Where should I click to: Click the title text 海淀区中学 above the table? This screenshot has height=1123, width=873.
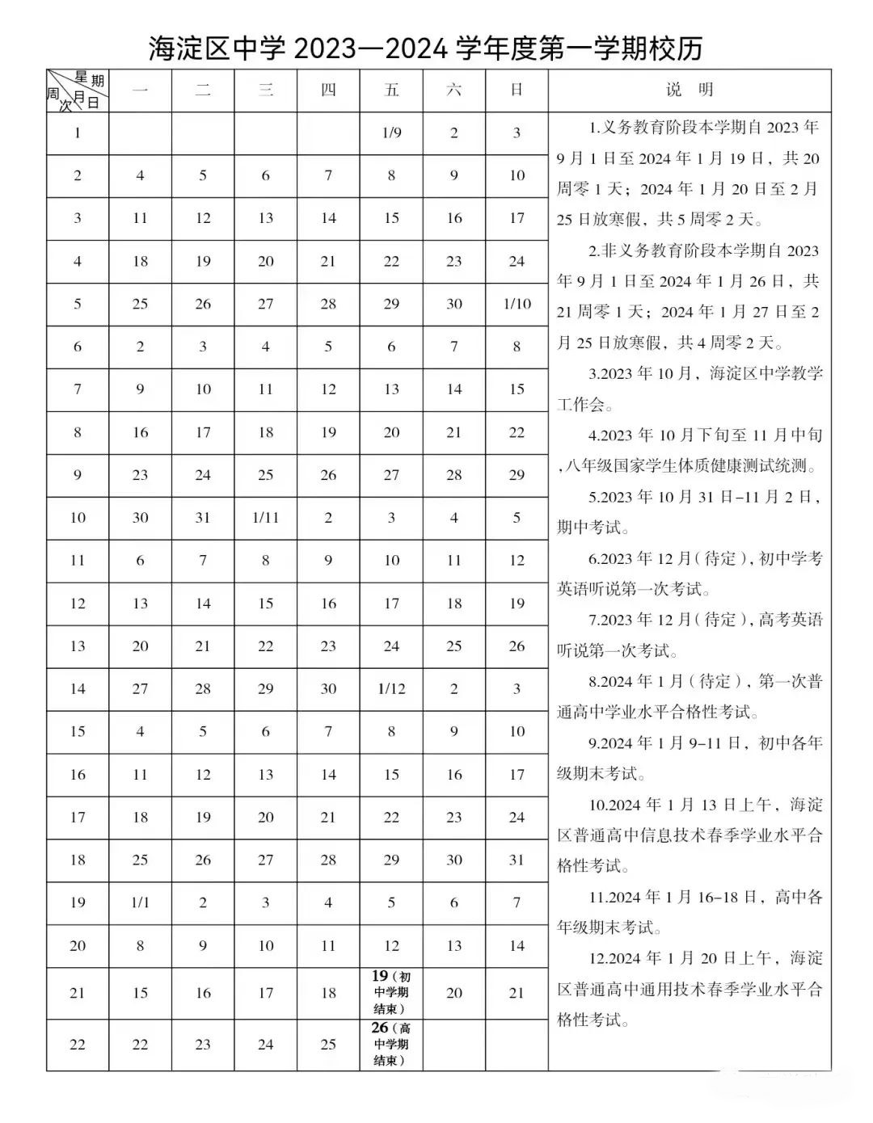tap(217, 49)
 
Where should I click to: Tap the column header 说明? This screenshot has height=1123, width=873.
tap(689, 90)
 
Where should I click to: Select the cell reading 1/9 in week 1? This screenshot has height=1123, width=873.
tap(391, 132)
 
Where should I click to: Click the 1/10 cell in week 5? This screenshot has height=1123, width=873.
tap(517, 304)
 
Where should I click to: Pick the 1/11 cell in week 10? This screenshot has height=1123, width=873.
tap(265, 518)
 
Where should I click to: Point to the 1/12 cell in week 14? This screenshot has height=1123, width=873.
tap(391, 689)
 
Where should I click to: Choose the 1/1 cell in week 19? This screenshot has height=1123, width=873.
tap(140, 902)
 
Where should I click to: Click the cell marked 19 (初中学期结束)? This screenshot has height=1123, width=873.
tap(391, 992)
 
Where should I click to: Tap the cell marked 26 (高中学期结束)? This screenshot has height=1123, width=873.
tap(391, 1044)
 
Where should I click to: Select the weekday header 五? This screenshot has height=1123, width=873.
tap(391, 90)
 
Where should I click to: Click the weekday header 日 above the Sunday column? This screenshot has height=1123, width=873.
tap(517, 90)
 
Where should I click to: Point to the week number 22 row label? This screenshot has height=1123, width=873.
tap(78, 1045)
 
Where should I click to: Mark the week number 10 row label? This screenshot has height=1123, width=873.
tap(78, 518)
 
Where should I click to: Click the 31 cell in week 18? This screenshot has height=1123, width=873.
tap(517, 860)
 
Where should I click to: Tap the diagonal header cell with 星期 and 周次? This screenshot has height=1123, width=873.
tap(78, 90)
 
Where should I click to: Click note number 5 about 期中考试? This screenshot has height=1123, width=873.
tap(689, 511)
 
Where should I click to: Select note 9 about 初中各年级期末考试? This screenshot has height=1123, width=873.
tap(689, 758)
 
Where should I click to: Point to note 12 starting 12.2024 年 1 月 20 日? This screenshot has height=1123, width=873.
tap(689, 989)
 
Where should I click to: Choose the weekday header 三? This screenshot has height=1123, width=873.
tap(265, 90)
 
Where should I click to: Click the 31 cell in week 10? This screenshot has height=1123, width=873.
tap(203, 518)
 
